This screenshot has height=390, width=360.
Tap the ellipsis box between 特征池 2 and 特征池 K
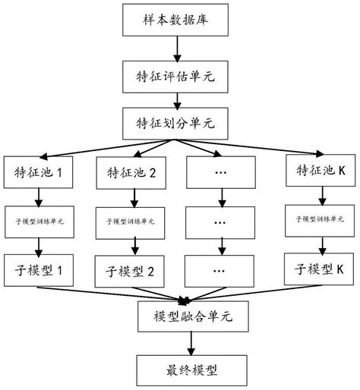pos(222,173)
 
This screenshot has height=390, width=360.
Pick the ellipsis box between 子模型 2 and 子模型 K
pos(222,270)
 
